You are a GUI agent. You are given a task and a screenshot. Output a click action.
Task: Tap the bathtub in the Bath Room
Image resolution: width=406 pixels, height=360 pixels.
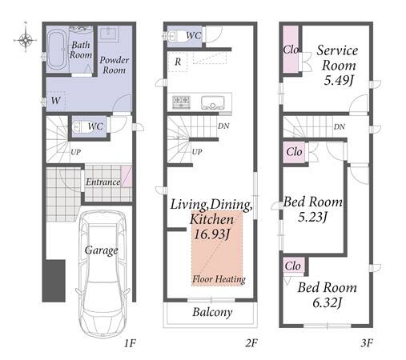point(56,50)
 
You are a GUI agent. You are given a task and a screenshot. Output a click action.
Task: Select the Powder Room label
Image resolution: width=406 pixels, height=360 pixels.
point(115,65)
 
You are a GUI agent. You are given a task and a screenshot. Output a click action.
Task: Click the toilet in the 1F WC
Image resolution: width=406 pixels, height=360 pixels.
point(79,127)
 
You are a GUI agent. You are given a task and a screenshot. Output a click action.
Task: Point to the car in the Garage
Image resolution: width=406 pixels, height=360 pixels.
point(103,274)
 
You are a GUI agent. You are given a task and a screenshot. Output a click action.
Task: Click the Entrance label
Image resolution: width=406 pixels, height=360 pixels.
point(103,182)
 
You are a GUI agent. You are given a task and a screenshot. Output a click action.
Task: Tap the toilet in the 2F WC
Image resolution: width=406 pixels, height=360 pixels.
point(174,35)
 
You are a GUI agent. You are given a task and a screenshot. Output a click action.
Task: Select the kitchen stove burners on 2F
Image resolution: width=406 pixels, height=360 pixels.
point(182,102)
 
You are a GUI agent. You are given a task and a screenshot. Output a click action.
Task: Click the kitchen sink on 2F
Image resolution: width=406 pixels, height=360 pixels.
point(212,102)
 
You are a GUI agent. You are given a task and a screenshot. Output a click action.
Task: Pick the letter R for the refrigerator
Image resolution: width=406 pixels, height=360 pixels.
point(178,62)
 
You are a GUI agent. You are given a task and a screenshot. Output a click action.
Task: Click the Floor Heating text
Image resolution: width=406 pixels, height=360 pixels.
point(219,279)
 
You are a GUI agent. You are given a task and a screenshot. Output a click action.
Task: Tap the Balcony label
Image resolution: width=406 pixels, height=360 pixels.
point(212,312)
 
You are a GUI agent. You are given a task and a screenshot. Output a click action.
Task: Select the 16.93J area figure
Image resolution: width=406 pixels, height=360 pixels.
point(211,234)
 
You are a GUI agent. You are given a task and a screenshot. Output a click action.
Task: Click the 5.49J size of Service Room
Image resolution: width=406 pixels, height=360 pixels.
point(339,80)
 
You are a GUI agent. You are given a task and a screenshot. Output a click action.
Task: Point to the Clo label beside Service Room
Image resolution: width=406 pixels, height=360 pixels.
point(291,50)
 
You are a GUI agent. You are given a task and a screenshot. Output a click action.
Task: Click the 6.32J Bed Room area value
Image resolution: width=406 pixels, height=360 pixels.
point(328,303)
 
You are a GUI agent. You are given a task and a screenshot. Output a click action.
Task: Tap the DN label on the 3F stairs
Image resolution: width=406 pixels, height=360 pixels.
point(340,126)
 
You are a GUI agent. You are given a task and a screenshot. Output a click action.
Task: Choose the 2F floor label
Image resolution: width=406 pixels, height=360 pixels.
point(251,343)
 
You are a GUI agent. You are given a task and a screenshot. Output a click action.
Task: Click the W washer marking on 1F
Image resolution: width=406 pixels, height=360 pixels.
point(55,101)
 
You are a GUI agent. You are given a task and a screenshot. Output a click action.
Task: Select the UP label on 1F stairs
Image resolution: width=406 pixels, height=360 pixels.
point(76,152)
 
